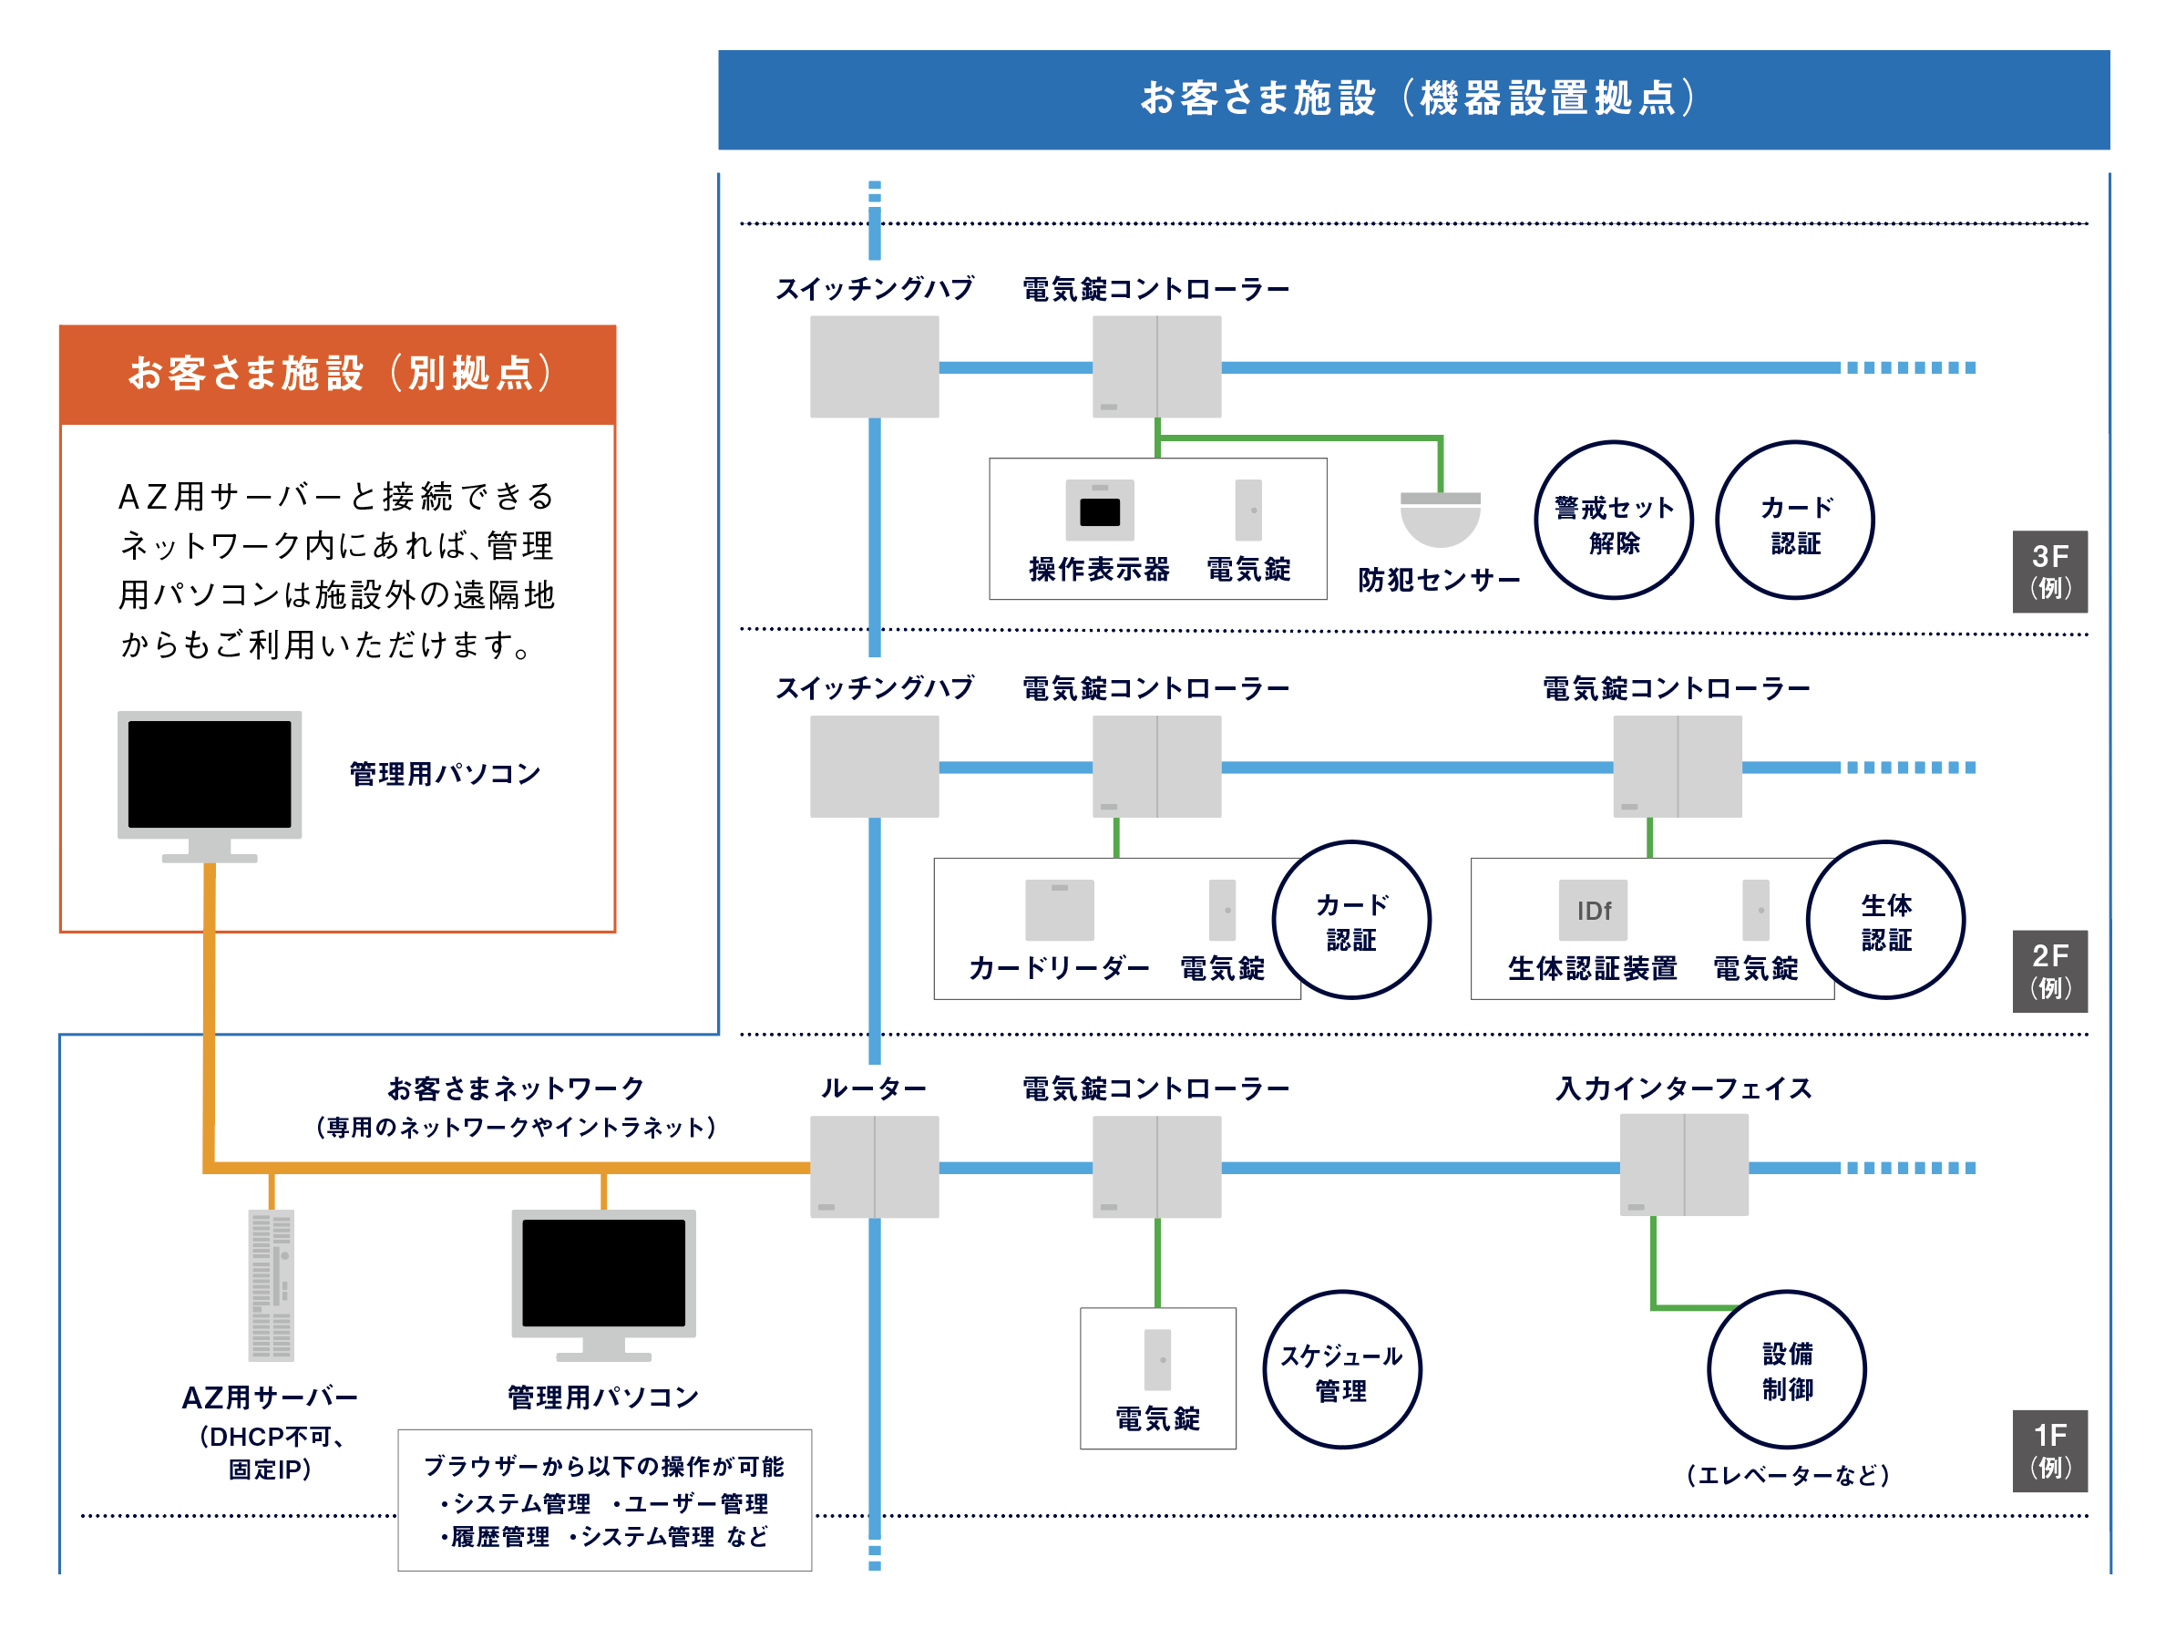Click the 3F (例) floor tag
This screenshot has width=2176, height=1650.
2049,572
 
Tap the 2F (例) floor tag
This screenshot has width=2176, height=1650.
2049,971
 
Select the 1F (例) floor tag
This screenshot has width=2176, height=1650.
2049,1450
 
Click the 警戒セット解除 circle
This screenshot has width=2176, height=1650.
1613,521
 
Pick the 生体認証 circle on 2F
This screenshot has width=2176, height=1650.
1884,920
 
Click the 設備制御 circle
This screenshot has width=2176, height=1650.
1786,1369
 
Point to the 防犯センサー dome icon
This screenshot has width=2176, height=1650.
1440,519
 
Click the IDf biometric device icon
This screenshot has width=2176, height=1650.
1593,910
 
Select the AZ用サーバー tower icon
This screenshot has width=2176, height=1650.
271,1285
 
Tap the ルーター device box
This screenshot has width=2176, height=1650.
874,1167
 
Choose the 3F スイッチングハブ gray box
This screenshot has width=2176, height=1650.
874,367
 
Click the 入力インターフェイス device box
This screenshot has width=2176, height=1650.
1683,1165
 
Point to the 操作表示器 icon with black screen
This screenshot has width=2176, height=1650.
1100,510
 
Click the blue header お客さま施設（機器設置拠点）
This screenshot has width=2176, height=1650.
1413,99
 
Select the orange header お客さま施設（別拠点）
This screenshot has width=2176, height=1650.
337,375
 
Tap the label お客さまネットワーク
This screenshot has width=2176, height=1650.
516,1088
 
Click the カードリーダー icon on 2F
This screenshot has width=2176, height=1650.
1060,910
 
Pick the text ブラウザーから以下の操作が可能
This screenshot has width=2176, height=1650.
603,1466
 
